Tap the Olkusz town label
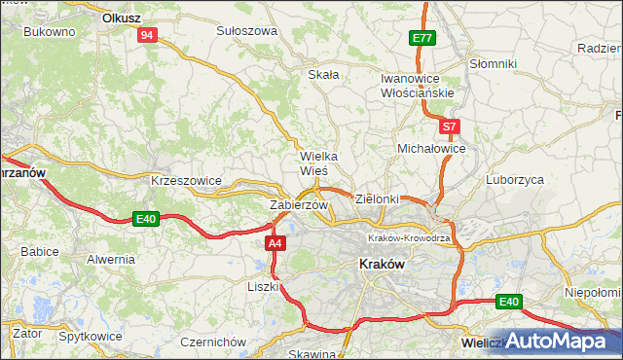click(x=124, y=18)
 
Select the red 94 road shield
click(x=147, y=35)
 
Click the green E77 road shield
click(x=421, y=38)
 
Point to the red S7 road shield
click(x=448, y=126)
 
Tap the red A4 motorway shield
click(x=275, y=244)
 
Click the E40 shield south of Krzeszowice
click(x=146, y=219)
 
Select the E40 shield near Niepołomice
click(x=508, y=302)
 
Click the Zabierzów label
click(x=298, y=205)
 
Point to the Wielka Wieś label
click(x=318, y=162)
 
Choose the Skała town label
click(x=323, y=74)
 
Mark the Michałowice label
click(x=431, y=148)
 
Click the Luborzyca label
click(x=515, y=180)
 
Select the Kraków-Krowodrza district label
click(x=408, y=238)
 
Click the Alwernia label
click(x=110, y=259)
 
